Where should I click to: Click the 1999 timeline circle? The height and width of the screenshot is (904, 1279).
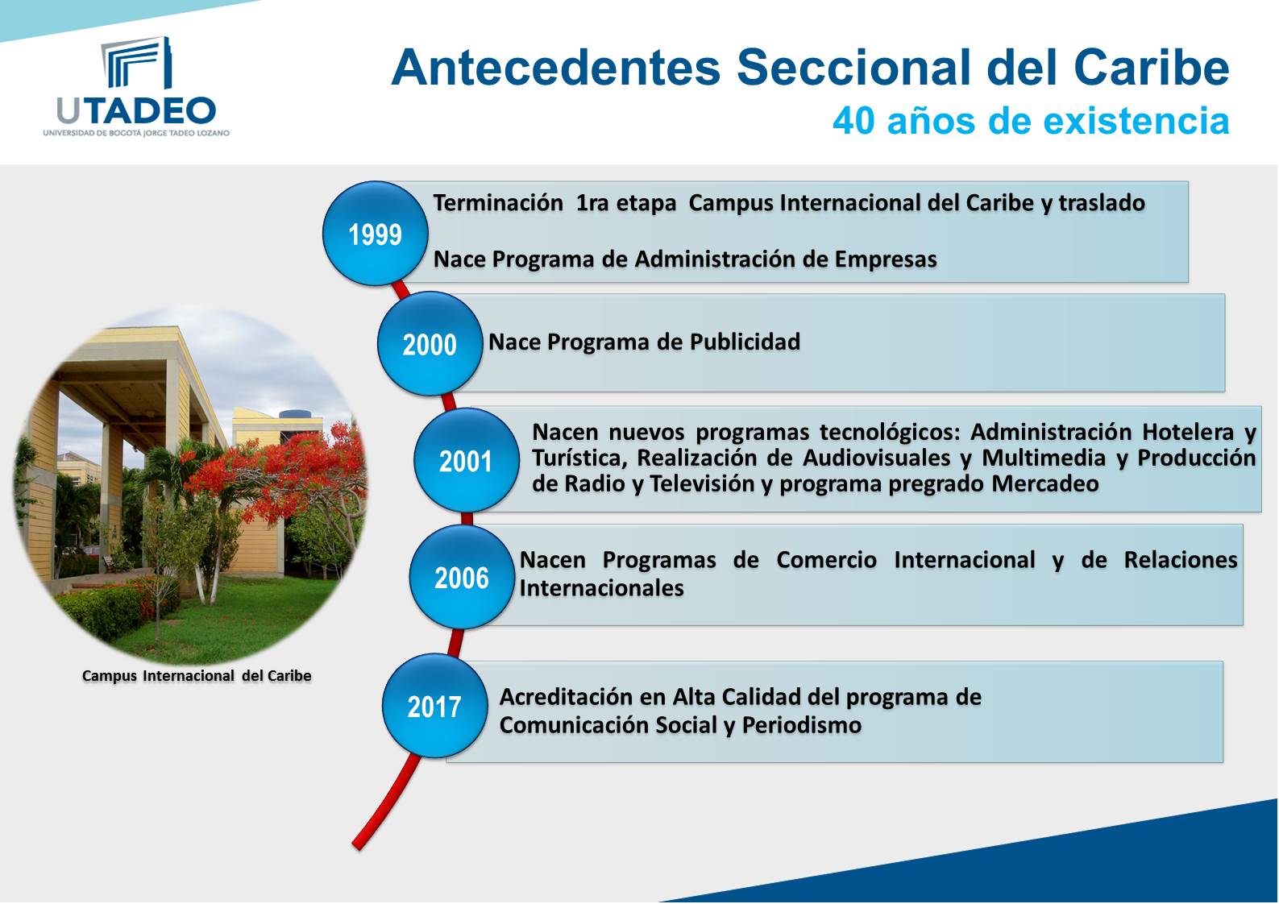pos(375,234)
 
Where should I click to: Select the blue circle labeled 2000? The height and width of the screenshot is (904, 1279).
pos(430,344)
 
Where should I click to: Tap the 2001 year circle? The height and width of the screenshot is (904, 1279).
pos(466,461)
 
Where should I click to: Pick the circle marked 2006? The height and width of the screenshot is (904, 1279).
pos(462,578)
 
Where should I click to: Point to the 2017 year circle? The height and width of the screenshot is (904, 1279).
pos(434,707)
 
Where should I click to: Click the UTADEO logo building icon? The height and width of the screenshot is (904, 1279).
pos(136,63)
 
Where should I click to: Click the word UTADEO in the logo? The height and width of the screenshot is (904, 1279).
pos(136,111)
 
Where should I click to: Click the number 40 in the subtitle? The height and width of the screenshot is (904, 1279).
pos(853,121)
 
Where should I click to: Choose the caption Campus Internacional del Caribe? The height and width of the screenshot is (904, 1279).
pos(197,676)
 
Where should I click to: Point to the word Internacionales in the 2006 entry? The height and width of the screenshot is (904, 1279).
pos(601,588)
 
